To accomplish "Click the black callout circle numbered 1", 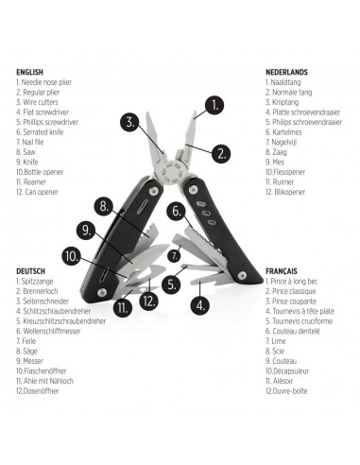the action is click(214, 105).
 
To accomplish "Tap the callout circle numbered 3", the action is click(130, 122).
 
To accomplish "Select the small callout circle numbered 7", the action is click(174, 256).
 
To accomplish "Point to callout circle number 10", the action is click(72, 257).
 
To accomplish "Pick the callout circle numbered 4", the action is click(200, 305).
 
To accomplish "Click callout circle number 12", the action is click(148, 301).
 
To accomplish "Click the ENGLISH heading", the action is click(29, 72).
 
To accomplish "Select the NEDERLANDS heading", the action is click(286, 72).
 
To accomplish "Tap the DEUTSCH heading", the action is click(30, 271).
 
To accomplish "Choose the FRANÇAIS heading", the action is click(282, 271).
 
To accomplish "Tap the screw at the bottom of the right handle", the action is click(242, 275).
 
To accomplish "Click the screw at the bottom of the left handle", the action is click(102, 292).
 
